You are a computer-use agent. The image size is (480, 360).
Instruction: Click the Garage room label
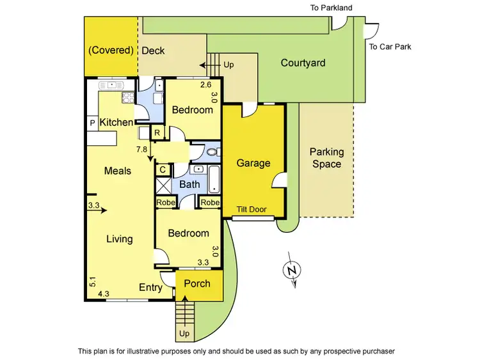(x=253, y=163)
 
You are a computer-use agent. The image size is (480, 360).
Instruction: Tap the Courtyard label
(x=303, y=63)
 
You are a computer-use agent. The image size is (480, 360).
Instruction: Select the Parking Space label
(x=326, y=158)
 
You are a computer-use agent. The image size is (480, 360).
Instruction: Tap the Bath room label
(x=189, y=185)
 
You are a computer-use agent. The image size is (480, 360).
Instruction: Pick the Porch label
(x=197, y=283)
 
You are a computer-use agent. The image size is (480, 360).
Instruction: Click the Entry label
(x=150, y=288)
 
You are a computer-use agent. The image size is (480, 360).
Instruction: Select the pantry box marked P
(x=92, y=123)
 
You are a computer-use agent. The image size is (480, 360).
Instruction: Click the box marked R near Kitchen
(x=157, y=132)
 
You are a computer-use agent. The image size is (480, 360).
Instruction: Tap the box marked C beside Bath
(x=163, y=169)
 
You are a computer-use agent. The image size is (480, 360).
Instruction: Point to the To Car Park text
(x=390, y=47)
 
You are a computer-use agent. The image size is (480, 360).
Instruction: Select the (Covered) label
(x=111, y=51)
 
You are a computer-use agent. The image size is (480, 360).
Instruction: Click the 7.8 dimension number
(x=142, y=150)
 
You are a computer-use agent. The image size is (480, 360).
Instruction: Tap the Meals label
(x=118, y=171)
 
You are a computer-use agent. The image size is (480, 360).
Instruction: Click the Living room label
(x=119, y=239)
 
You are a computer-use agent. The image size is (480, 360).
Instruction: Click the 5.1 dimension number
(x=93, y=281)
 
